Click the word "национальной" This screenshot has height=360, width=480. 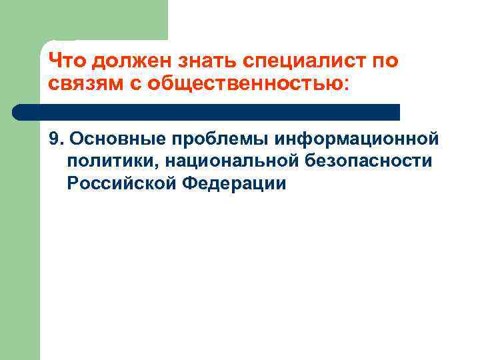coord(222,161)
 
